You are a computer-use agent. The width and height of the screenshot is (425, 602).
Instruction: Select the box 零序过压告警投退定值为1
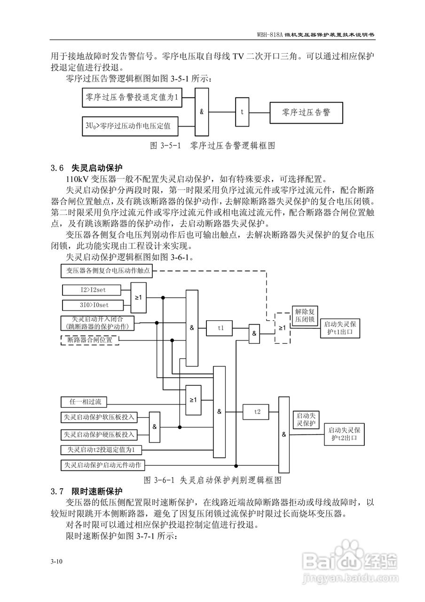(132, 98)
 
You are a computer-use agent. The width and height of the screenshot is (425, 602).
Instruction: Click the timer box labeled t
(242, 112)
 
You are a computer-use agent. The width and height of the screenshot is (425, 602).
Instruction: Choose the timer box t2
(257, 412)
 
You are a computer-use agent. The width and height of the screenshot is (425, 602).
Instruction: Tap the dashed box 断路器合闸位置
(90, 340)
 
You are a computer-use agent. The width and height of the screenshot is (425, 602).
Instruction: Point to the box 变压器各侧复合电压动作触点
(108, 270)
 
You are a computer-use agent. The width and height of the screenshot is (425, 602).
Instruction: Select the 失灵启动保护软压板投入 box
(99, 417)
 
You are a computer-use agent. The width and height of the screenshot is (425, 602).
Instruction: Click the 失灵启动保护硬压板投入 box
(99, 434)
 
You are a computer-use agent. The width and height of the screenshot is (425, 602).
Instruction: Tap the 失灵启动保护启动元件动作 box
(103, 465)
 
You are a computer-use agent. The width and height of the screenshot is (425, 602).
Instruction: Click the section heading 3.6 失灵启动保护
(87, 167)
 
